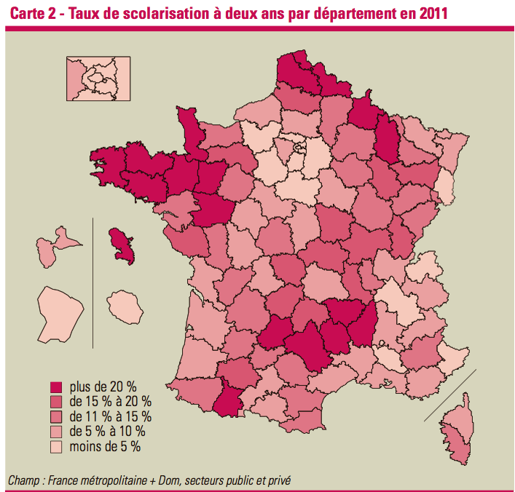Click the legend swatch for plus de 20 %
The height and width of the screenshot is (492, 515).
click(x=55, y=387)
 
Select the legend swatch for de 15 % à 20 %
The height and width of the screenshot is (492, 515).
click(x=55, y=402)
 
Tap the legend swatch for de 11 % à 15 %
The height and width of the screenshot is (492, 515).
click(x=55, y=416)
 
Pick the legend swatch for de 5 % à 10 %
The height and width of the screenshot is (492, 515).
click(x=55, y=431)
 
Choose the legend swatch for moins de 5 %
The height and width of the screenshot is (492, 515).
click(x=55, y=445)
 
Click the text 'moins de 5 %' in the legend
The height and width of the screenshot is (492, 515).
click(x=105, y=445)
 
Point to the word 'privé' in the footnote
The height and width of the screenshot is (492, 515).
click(x=283, y=480)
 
